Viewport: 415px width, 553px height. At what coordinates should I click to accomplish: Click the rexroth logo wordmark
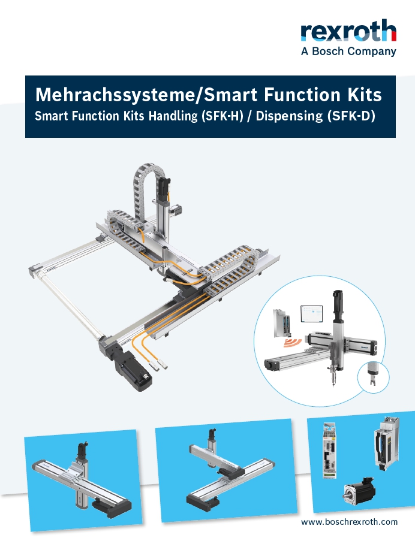(x=348, y=31)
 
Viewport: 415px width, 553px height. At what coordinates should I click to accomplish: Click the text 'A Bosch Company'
(x=348, y=52)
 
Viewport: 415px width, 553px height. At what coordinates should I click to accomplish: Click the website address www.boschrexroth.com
(x=349, y=522)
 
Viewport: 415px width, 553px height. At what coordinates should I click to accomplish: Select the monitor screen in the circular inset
(x=311, y=313)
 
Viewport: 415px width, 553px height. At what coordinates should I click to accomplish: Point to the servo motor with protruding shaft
(x=359, y=490)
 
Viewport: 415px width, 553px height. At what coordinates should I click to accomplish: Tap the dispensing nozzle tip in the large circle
(x=333, y=383)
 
